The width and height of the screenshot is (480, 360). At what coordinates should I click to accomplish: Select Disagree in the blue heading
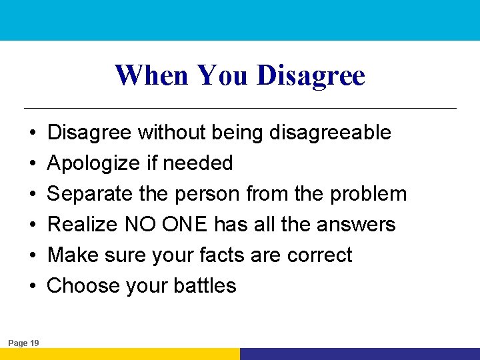[311, 75]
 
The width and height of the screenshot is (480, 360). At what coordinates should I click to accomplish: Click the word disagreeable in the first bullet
[330, 132]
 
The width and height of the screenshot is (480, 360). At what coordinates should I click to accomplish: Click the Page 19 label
[23, 343]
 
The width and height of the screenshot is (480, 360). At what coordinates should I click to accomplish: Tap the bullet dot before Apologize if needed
[33, 163]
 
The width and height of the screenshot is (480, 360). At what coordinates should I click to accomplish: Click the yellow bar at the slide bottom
[120, 354]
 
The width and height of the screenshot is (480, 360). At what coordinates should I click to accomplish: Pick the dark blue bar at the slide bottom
[360, 354]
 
